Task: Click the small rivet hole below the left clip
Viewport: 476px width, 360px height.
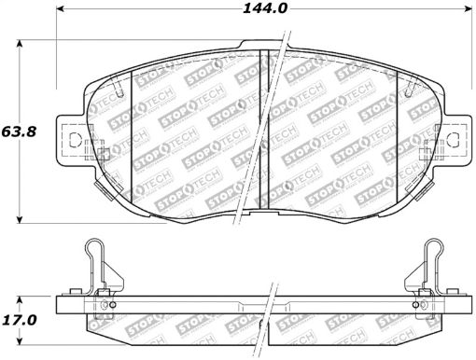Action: point(110,304)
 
